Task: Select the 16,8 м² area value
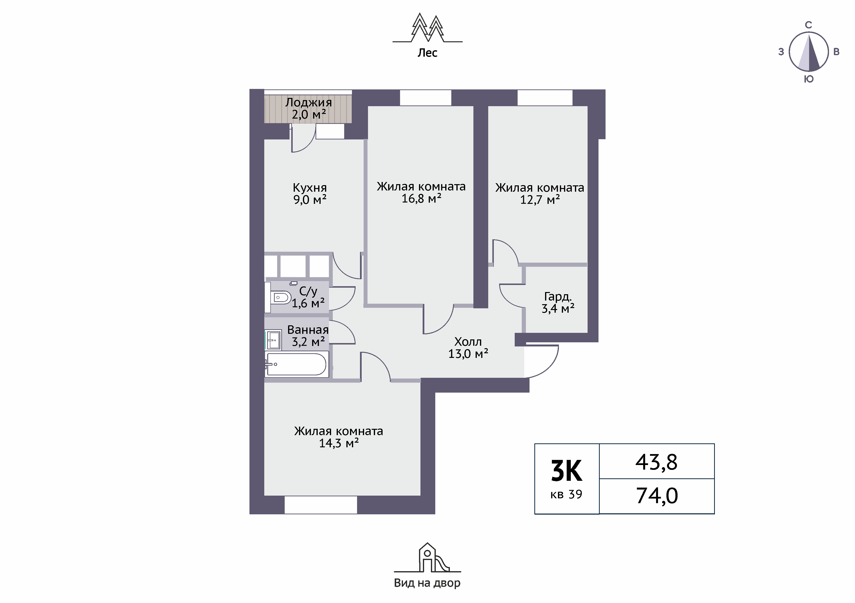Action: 421,198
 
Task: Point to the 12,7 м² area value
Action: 540,200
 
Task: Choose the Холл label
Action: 468,342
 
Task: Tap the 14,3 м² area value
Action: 339,443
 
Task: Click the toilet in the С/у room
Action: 280,298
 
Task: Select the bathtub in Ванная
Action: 296,364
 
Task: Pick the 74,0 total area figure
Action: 657,496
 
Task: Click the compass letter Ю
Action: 808,79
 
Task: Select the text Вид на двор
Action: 427,583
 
